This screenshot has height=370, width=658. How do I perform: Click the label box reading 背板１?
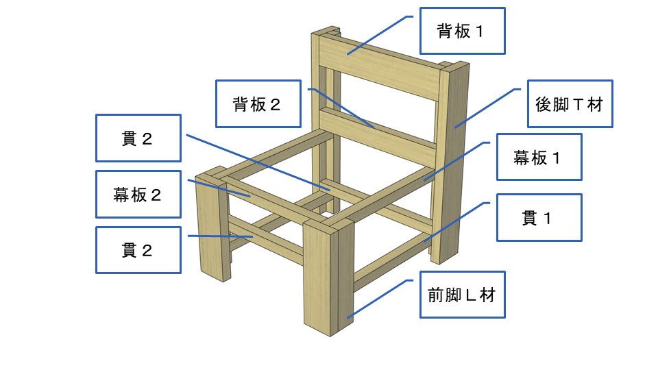(462, 31)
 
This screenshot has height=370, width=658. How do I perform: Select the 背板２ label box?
(258, 103)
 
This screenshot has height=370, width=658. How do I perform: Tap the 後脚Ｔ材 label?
(569, 104)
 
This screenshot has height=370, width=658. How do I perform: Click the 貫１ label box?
(538, 217)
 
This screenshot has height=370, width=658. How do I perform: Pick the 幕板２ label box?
(138, 194)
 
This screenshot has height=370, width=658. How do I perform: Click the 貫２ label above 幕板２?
(138, 138)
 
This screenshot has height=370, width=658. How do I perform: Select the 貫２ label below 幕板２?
(138, 250)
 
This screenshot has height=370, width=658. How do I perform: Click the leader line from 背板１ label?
(381, 34)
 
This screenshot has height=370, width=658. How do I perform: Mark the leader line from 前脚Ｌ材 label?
(380, 298)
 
